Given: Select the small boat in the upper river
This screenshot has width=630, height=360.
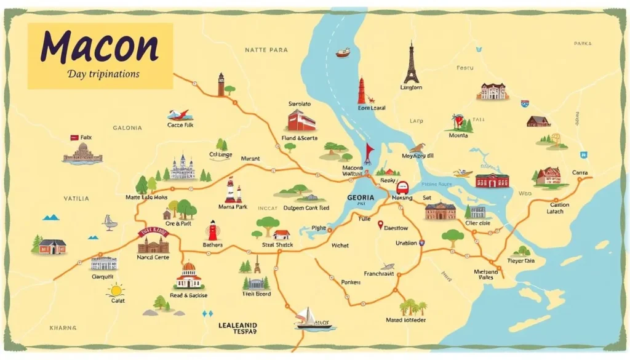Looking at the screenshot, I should pos(343,52).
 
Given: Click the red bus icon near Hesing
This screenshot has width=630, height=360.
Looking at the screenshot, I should pos(403,188).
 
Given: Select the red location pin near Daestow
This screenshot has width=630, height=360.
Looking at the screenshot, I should pos(380,225).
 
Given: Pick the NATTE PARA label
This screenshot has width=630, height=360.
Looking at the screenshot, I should pos(266,49).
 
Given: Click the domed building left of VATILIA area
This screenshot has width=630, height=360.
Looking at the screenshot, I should pos(82,153).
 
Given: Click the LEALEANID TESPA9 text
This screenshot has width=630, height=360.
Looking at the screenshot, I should pos(238,327).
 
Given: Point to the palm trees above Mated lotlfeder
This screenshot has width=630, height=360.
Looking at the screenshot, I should pos(413,307).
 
